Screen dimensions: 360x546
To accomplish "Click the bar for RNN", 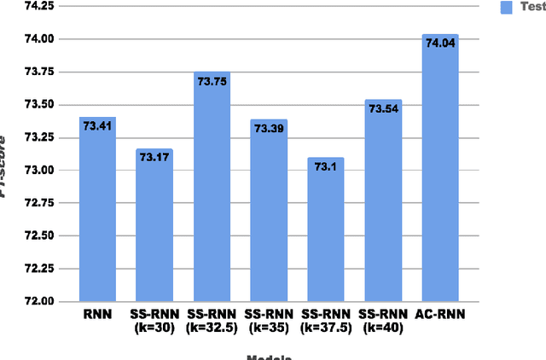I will pyautogui.click(x=97, y=213).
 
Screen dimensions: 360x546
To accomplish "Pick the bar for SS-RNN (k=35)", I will pyautogui.click(x=269, y=213).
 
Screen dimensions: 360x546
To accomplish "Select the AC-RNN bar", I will pyautogui.click(x=440, y=171).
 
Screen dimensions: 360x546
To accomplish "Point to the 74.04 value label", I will pyautogui.click(x=441, y=42).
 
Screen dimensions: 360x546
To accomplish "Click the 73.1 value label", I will pyautogui.click(x=326, y=166).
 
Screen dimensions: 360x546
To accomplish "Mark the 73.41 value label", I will pyautogui.click(x=97, y=125).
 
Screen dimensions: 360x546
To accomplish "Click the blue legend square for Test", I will pyautogui.click(x=505, y=7).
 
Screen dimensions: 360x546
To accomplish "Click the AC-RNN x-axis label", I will pyautogui.click(x=440, y=314).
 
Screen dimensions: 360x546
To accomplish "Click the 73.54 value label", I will pyautogui.click(x=383, y=108).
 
